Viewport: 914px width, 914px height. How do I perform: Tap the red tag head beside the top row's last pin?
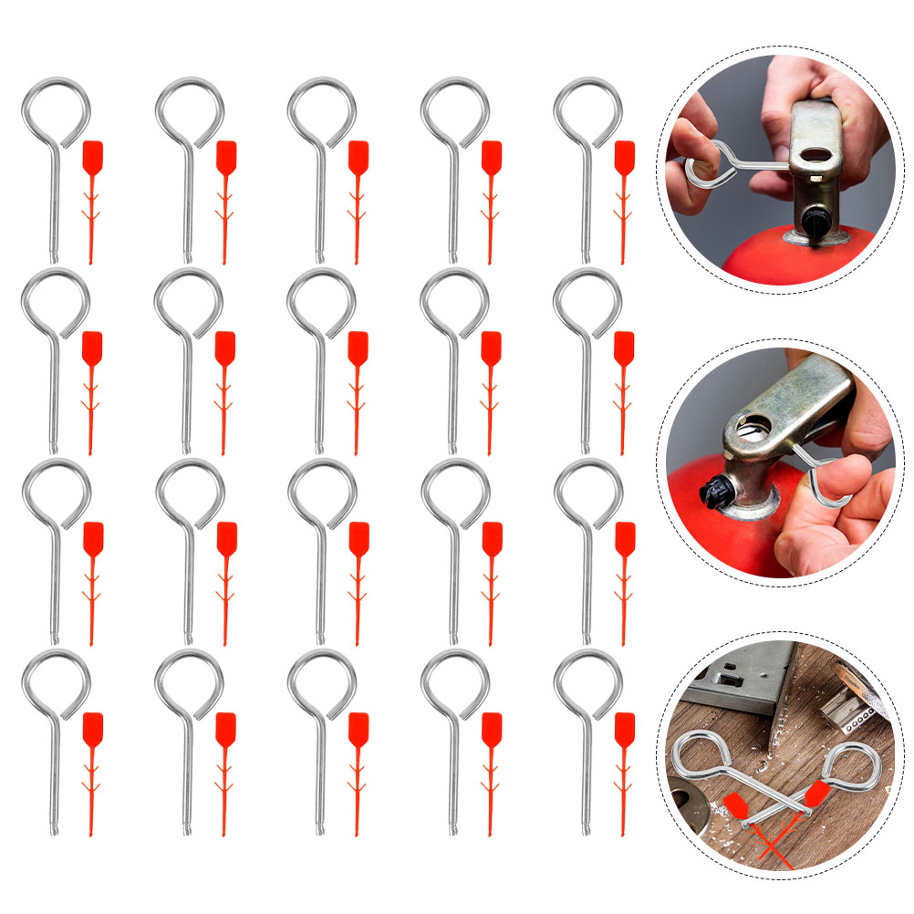point(624,155)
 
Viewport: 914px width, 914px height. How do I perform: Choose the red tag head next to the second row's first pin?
point(92,347)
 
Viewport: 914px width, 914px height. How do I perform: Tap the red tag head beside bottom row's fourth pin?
point(492,727)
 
